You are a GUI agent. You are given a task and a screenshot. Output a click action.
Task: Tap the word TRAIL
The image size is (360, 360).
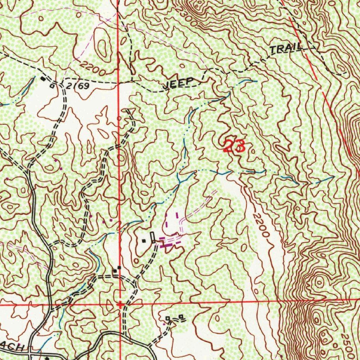[286, 49]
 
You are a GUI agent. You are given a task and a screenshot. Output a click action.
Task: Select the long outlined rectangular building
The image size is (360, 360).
[153, 237]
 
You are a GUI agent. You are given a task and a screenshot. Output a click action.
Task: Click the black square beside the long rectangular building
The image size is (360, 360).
[143, 241]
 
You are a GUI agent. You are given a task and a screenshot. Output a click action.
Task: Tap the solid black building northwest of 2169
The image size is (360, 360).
[43, 79]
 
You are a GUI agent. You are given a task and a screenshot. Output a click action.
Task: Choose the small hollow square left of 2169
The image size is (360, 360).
[52, 85]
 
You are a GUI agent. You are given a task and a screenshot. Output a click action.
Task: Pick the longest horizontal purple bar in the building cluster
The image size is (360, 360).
[169, 246]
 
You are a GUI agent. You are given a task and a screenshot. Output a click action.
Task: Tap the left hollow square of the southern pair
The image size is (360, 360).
[168, 319]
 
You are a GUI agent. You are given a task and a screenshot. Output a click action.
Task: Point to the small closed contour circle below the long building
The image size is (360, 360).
[136, 261]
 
